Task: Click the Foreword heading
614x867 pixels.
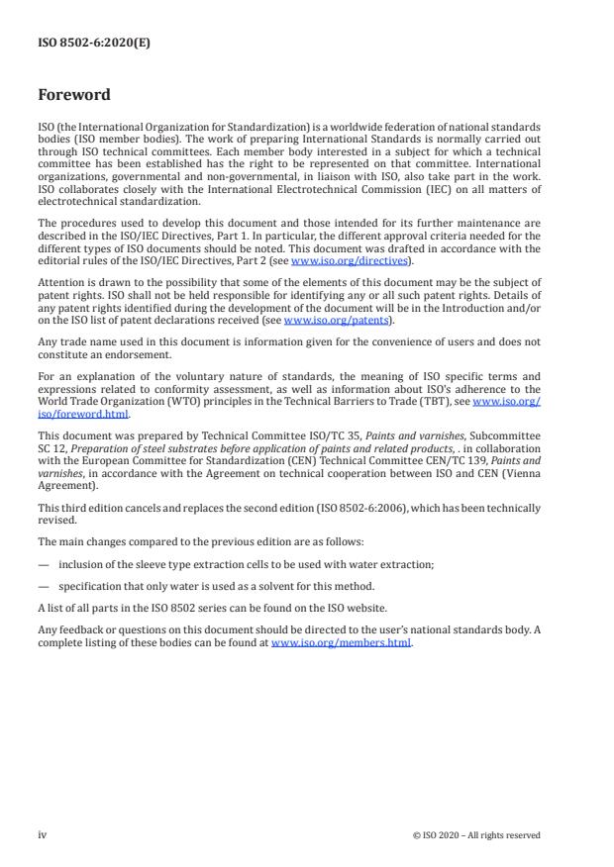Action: (73, 96)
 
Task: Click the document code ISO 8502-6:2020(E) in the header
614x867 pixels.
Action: (80, 45)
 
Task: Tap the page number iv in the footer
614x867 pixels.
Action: (43, 834)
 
